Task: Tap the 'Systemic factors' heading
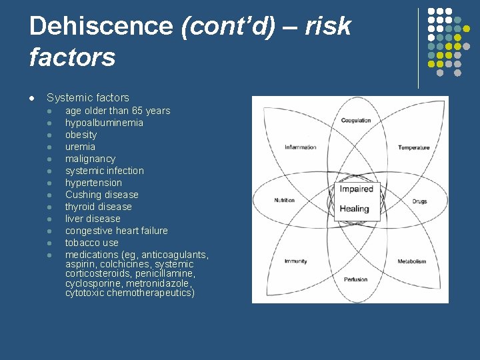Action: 88,98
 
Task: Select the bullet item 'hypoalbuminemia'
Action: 104,123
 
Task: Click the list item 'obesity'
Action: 81,135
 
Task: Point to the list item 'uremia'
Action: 80,147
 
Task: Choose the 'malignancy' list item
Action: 90,159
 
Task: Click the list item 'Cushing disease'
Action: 102,195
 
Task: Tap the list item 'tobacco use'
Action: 91,243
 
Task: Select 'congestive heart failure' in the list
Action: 117,231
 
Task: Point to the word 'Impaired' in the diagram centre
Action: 356,189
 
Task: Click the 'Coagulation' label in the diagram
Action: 356,121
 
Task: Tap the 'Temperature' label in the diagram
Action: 414,147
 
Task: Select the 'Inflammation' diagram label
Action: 300,147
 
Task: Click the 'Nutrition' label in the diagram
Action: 284,201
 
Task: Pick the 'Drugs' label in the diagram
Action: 419,201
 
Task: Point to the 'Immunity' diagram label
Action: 295,261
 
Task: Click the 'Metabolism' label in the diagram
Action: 412,261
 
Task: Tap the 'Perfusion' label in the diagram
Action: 356,279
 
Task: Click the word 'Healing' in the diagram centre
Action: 354,209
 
